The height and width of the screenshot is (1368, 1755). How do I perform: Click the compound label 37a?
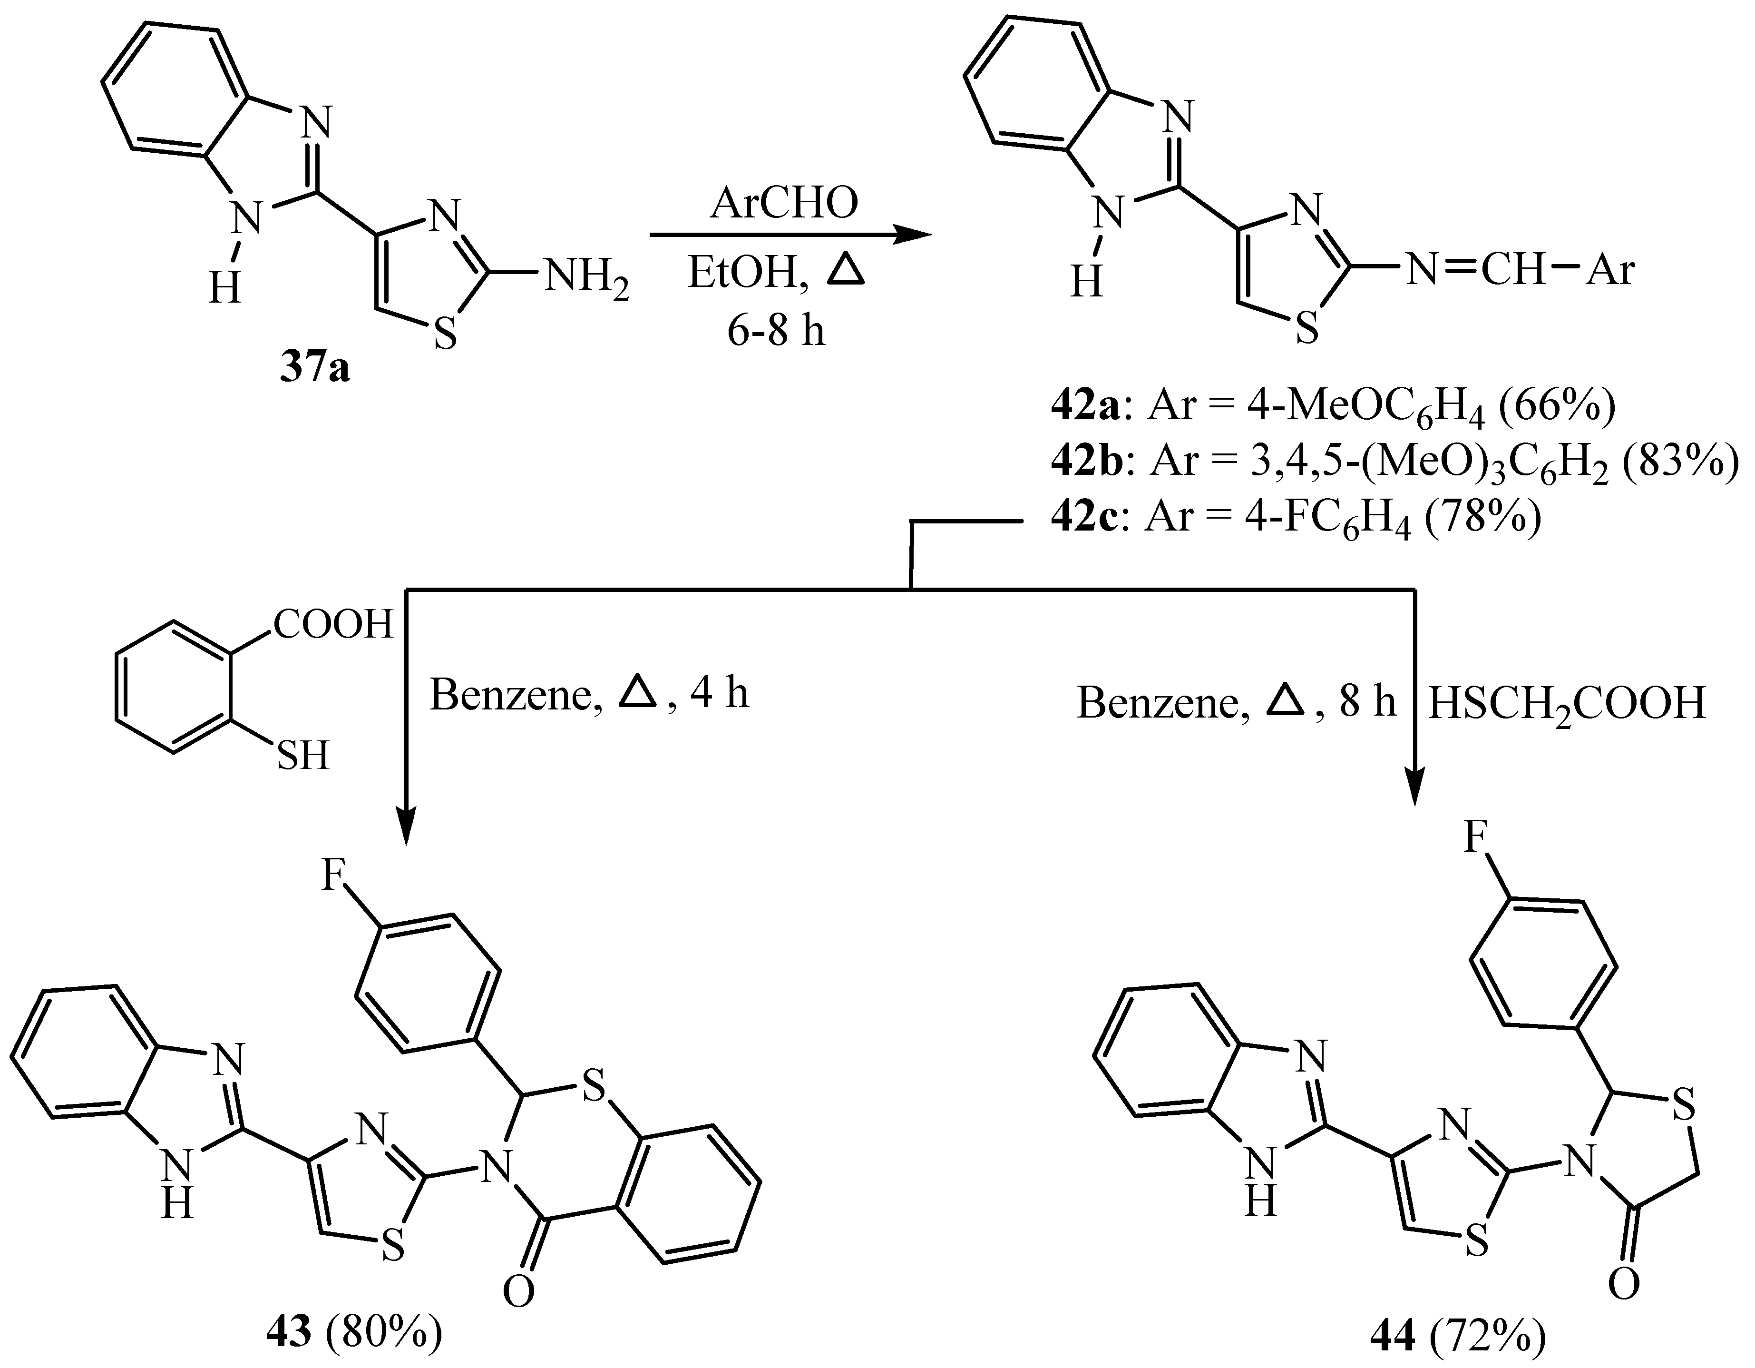click(x=314, y=370)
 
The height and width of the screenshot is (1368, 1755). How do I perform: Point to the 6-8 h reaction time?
click(x=776, y=330)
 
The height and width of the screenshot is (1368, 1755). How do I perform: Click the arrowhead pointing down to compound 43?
click(x=407, y=828)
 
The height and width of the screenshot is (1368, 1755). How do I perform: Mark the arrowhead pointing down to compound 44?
click(x=1414, y=787)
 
